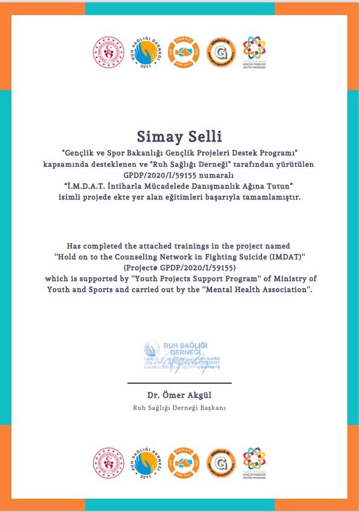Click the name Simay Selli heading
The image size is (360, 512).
pyautogui.click(x=179, y=134)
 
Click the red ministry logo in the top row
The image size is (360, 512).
pyautogui.click(x=107, y=52)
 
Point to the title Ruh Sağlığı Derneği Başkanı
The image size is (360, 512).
pyautogui.click(x=179, y=407)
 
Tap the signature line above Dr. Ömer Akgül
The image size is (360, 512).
pyautogui.click(x=179, y=383)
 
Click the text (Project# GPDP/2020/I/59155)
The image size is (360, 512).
pyautogui.click(x=179, y=267)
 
